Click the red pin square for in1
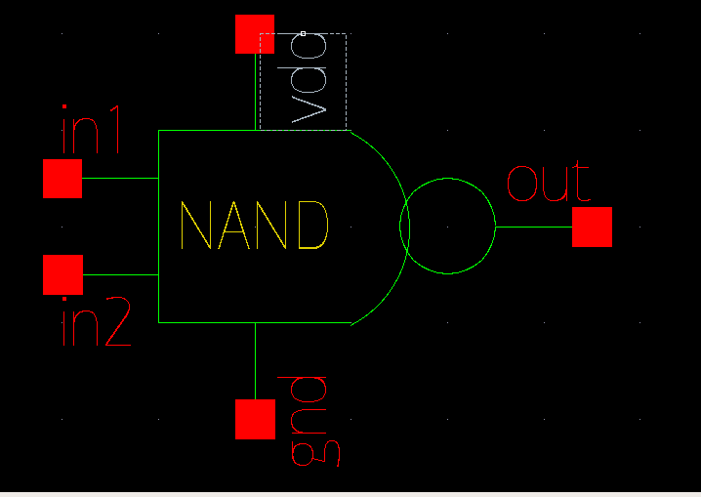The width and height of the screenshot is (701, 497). tap(62, 179)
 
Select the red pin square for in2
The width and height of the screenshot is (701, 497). tap(63, 274)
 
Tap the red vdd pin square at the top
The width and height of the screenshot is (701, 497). tap(255, 34)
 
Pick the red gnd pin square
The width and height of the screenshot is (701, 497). tap(255, 419)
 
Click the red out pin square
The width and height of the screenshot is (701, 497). tap(592, 227)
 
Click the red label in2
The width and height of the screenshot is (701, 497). tap(95, 325)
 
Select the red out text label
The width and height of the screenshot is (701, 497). tap(548, 183)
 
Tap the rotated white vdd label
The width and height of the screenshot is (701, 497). tap(309, 94)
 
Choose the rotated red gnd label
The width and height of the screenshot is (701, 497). tap(309, 419)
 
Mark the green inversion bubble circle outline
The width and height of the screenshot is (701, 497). tap(449, 179)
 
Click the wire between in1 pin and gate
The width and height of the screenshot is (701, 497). tap(120, 179)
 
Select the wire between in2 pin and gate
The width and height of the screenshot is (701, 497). tap(120, 274)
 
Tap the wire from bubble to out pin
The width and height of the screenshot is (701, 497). tap(533, 227)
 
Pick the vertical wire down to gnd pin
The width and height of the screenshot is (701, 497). tap(255, 360)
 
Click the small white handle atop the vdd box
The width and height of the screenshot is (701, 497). tap(303, 33)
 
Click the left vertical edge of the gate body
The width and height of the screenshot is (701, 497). tap(158, 227)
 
